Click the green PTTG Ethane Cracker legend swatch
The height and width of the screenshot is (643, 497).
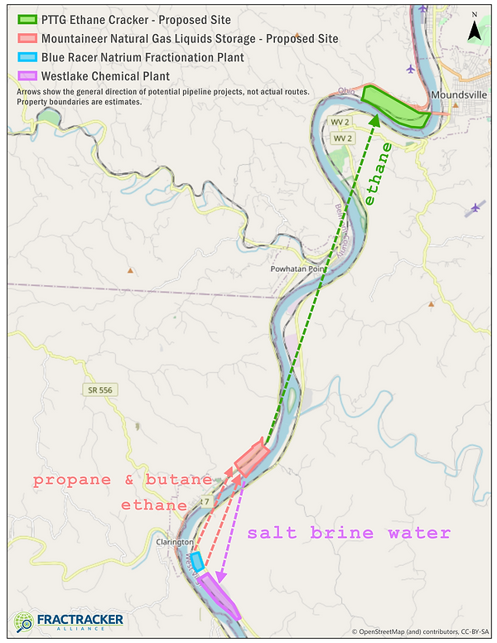28,19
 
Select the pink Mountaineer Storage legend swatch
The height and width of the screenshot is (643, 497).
28,38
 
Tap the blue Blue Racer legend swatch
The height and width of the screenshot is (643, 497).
28,57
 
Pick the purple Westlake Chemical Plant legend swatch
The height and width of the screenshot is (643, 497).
28,76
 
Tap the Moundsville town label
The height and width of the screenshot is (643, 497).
461,96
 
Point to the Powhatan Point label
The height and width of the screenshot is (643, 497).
300,269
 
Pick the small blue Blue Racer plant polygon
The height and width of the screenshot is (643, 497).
197,560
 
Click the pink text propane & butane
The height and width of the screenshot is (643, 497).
123,481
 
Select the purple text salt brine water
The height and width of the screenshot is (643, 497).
349,533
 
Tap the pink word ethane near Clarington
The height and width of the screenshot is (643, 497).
154,504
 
